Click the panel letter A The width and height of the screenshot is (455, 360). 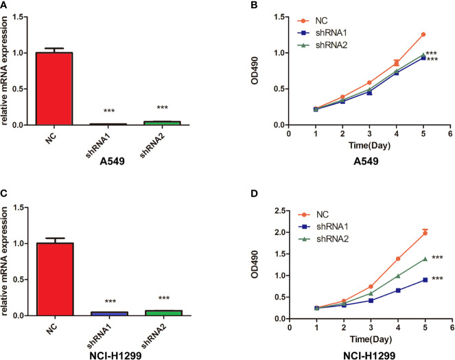5,6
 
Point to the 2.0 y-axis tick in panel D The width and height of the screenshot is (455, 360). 279,232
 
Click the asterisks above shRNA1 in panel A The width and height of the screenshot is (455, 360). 107,111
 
